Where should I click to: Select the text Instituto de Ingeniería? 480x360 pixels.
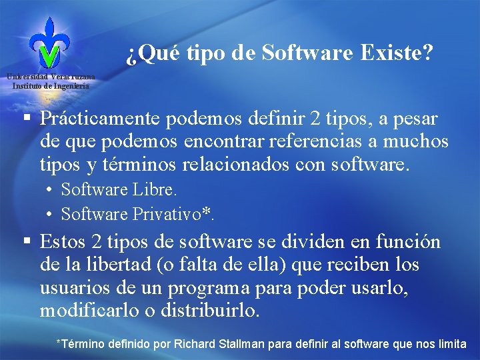coord(51,86)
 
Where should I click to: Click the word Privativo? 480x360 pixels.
coord(170,214)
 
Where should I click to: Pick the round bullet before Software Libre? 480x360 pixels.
coord(51,190)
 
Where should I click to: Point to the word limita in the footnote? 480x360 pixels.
coord(451,344)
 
